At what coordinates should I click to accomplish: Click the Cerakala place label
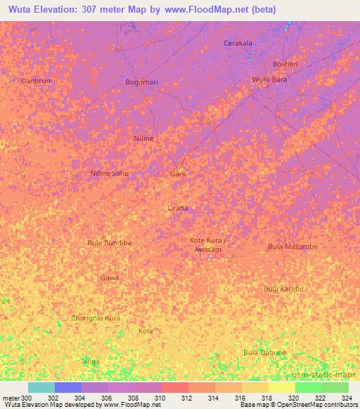point(238,43)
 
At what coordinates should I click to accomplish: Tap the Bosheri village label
point(285,64)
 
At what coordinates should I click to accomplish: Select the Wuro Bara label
point(270,79)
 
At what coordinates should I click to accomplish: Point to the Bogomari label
point(141,82)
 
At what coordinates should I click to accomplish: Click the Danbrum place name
point(37,81)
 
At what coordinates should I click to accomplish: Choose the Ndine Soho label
point(110,173)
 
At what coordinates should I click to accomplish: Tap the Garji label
point(178,174)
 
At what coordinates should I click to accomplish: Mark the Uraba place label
point(178,208)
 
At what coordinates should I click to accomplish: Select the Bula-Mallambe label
point(292,247)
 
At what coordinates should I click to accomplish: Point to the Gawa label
point(109,278)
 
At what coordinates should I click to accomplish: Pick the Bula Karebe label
point(283,289)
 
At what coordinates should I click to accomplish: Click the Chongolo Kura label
point(96,318)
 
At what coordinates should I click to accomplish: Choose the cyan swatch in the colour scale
point(41,387)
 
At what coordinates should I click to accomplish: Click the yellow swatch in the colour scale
point(281,387)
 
